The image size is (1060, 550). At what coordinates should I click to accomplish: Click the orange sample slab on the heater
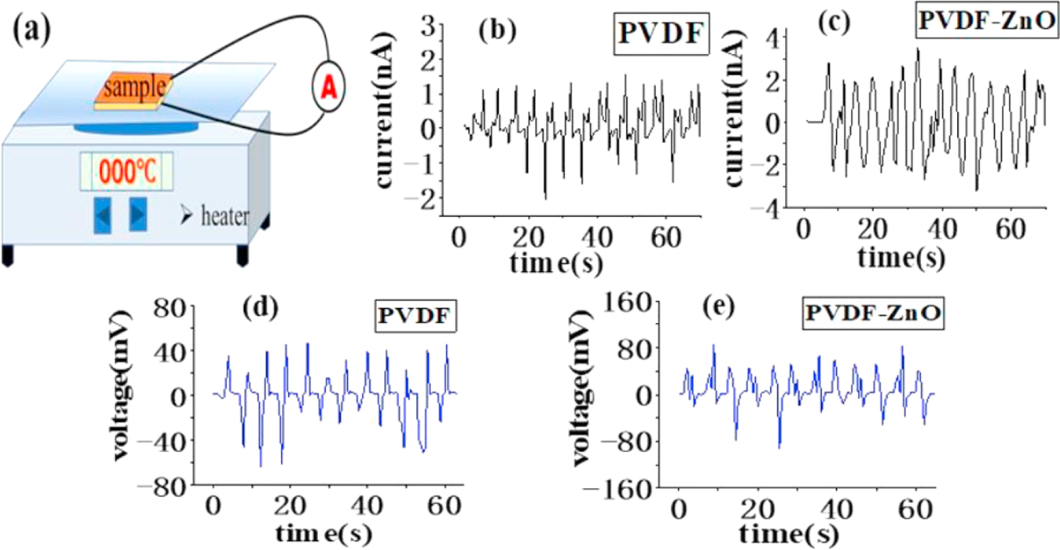click(x=134, y=89)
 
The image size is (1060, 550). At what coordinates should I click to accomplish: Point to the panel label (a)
click(x=32, y=33)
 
